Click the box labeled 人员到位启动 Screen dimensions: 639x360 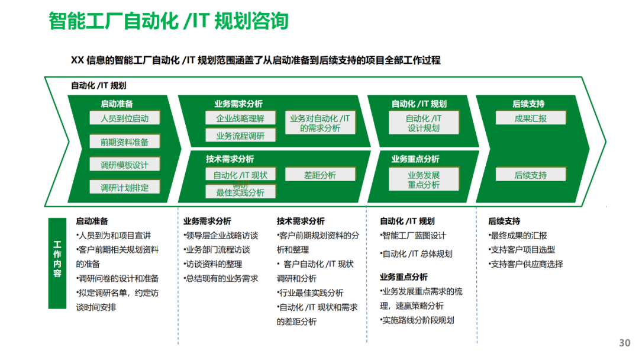[x=124, y=118]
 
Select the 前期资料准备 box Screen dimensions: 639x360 [x=124, y=142]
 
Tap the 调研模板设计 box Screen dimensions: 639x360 [x=124, y=165]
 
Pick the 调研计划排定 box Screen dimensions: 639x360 [x=124, y=188]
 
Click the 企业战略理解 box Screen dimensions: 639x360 [x=240, y=118]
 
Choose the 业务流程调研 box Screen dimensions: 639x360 [x=240, y=136]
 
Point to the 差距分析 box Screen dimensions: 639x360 [x=320, y=175]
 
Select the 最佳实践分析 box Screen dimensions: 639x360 [x=240, y=192]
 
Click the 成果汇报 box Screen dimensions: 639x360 [x=531, y=118]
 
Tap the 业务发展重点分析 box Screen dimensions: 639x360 [x=424, y=180]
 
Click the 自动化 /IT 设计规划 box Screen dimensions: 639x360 [x=424, y=123]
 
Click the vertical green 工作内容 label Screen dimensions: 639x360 [x=57, y=263]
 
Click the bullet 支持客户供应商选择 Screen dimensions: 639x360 [x=525, y=264]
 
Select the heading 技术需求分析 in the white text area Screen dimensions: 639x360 [x=301, y=221]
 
